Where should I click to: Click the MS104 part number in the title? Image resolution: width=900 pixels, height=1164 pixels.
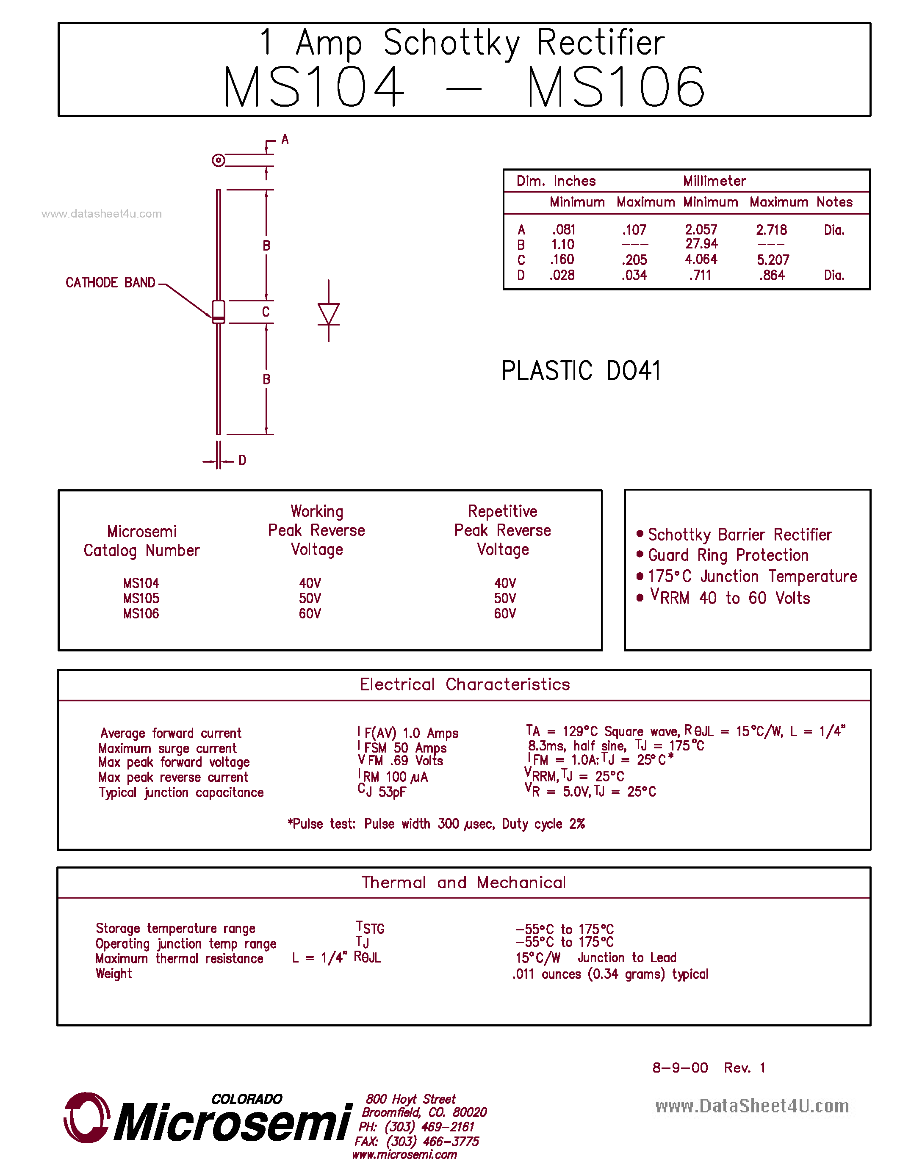(314, 86)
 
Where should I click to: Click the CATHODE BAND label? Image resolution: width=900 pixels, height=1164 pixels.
(111, 282)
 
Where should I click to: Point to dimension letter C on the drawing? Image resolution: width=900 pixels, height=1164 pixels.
(266, 312)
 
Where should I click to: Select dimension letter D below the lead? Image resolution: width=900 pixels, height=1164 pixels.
(243, 461)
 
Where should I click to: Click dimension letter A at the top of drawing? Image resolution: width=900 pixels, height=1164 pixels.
(285, 140)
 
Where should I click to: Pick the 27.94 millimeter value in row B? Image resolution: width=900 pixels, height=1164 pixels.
(701, 244)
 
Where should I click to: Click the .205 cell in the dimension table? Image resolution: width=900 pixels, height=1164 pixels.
(634, 260)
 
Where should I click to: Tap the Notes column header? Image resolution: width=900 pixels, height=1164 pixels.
(834, 202)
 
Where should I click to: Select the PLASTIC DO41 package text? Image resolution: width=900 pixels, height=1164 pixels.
(581, 370)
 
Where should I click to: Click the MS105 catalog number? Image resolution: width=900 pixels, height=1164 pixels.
(141, 599)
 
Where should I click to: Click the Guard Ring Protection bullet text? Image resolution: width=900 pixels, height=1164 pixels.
(728, 555)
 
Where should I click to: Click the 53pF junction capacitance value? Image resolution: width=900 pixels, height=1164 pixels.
(392, 792)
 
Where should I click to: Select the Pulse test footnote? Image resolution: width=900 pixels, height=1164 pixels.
(436, 824)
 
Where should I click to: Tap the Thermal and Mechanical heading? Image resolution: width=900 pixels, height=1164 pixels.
(463, 883)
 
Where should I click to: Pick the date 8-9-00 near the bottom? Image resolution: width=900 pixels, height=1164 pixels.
(680, 1067)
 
